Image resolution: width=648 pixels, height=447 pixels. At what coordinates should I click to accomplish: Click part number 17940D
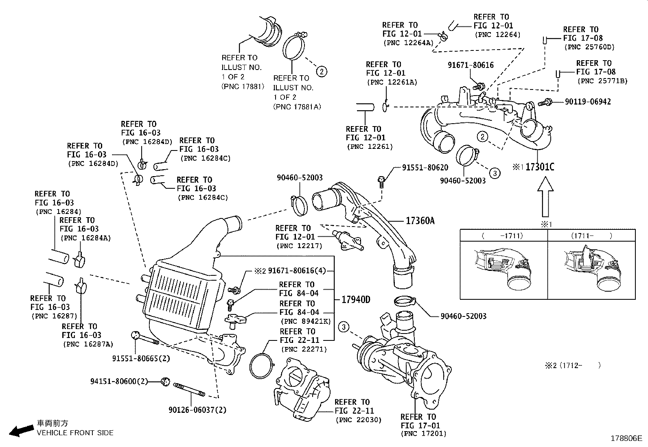(x=356, y=300)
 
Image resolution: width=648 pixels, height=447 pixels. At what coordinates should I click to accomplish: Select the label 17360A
(x=420, y=221)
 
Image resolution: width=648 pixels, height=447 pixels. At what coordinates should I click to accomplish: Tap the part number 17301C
(x=540, y=167)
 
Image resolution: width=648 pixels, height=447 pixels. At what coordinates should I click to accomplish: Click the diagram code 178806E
(x=626, y=438)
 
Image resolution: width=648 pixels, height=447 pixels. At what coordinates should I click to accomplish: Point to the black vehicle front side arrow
(x=21, y=430)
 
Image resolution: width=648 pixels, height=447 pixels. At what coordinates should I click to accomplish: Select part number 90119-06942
(x=588, y=102)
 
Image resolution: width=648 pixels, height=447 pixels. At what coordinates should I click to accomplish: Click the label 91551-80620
(x=425, y=167)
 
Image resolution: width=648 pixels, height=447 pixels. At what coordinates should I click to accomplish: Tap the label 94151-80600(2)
(x=119, y=381)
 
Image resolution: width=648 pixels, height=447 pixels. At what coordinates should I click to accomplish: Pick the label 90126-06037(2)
(x=197, y=410)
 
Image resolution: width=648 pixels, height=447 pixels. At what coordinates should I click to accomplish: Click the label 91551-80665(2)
(x=141, y=358)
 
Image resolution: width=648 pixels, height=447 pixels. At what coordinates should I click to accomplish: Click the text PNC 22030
(x=358, y=420)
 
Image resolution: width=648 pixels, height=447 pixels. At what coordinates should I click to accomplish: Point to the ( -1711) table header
(x=503, y=235)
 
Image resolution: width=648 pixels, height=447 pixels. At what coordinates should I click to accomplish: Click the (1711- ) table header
(x=591, y=235)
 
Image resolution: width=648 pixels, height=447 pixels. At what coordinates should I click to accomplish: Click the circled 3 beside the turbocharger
(x=344, y=327)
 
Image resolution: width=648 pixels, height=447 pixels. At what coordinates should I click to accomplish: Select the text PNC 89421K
(x=305, y=321)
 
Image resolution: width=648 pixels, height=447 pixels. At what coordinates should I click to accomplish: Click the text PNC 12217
(x=299, y=246)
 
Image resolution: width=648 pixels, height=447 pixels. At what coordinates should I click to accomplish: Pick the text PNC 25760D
(x=589, y=47)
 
